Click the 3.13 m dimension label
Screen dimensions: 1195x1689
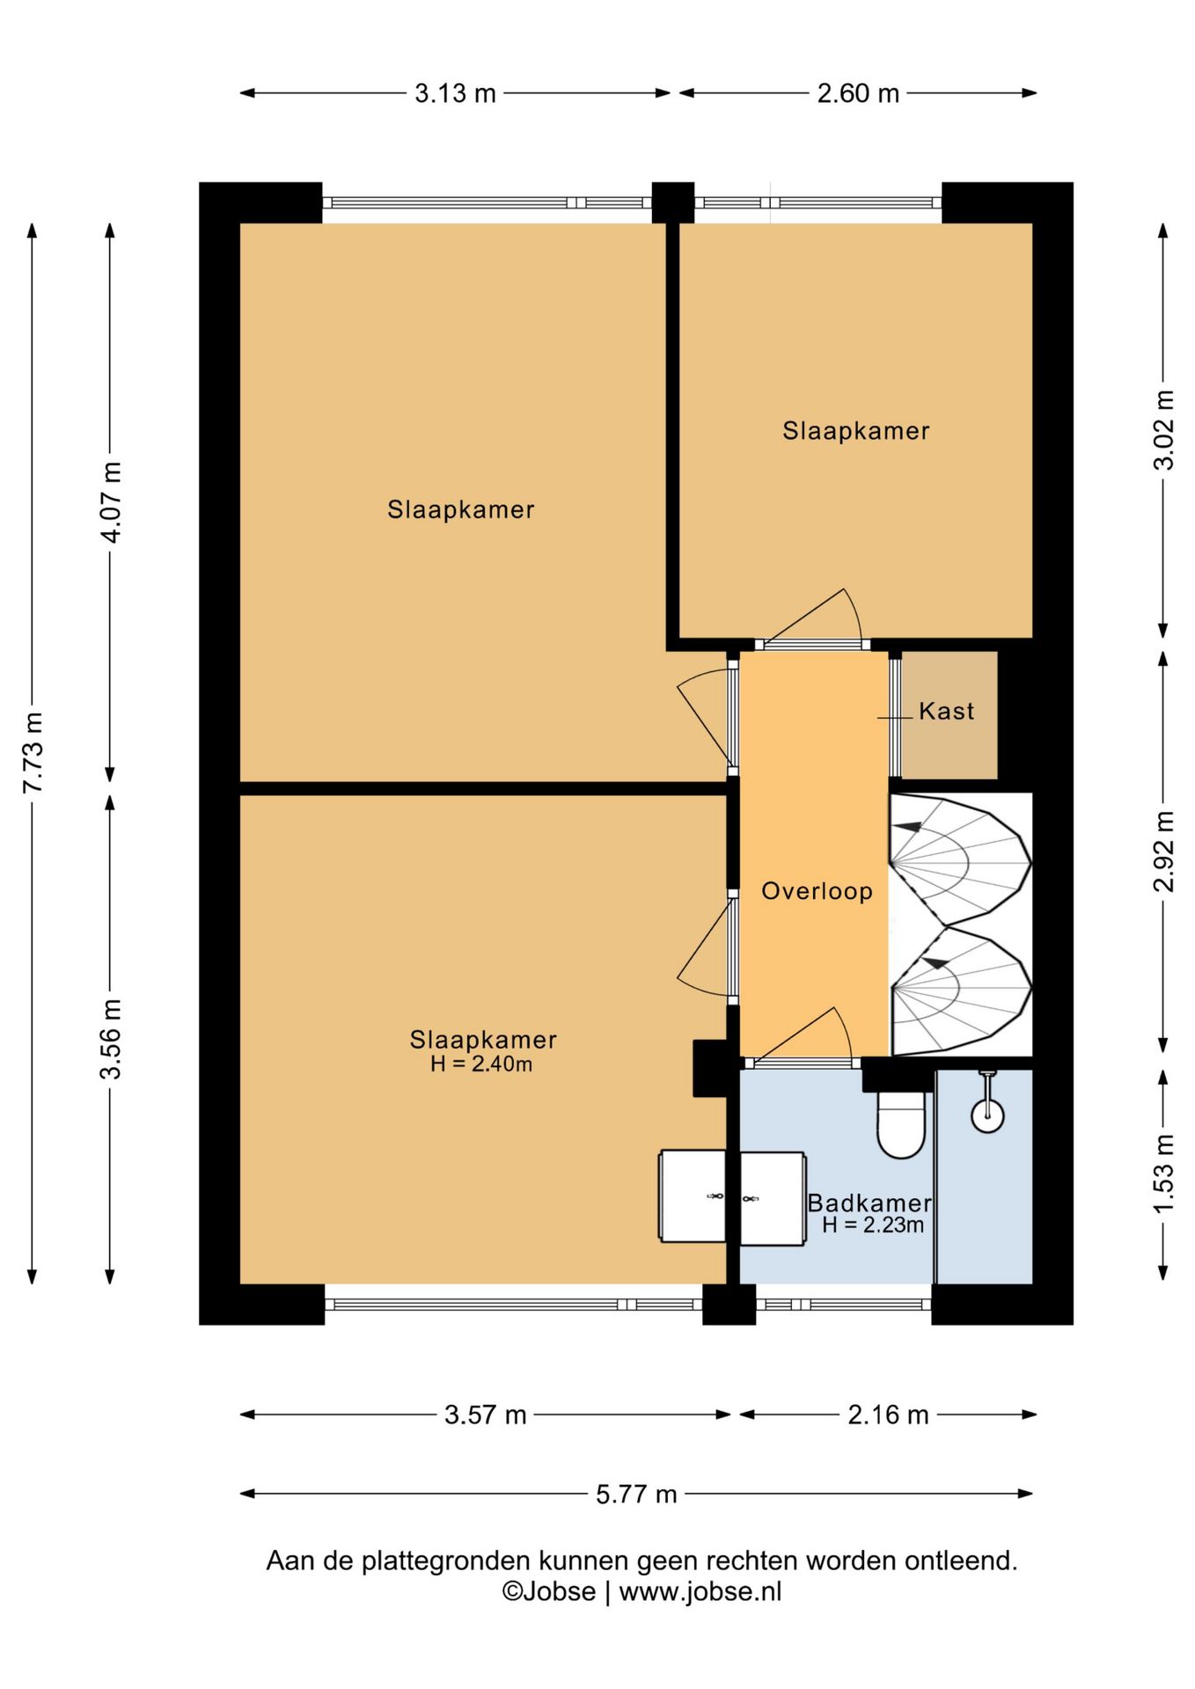tap(455, 93)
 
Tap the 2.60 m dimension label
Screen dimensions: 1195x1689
tap(858, 93)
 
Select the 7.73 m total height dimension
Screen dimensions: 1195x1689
tap(33, 752)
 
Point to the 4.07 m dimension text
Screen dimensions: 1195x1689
tap(111, 501)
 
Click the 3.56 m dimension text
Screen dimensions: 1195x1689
tap(111, 1039)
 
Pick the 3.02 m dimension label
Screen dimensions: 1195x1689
tap(1163, 430)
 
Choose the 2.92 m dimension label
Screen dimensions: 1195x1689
tap(1163, 851)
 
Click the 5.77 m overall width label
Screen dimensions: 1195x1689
tap(636, 1494)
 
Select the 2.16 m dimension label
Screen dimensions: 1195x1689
tap(888, 1415)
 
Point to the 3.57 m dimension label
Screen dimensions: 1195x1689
tap(485, 1415)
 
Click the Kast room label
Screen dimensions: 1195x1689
tap(946, 711)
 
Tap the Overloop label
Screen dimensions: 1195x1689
tap(817, 891)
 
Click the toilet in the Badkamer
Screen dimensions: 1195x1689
tap(901, 1124)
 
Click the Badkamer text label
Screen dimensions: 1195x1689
tap(869, 1203)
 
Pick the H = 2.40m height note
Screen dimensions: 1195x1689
tap(481, 1064)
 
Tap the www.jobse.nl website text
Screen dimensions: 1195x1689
tap(700, 1591)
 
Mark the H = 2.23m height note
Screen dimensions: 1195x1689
tap(873, 1225)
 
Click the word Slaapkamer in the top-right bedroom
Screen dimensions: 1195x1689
tap(856, 431)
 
